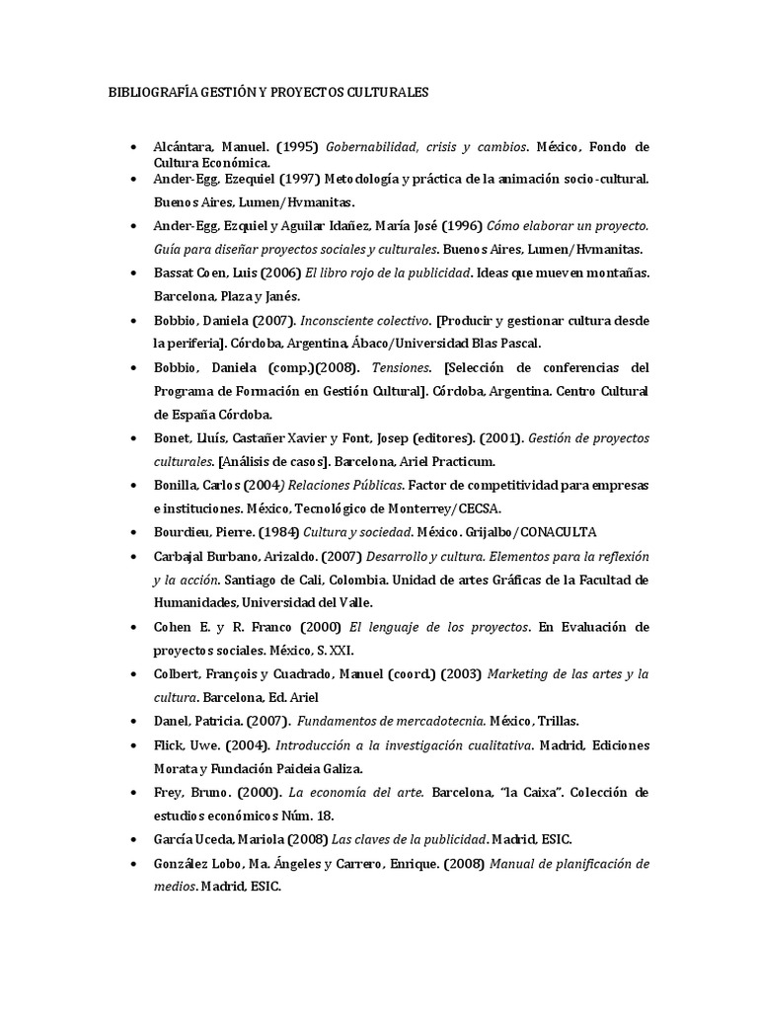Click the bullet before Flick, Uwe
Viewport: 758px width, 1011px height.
(133, 744)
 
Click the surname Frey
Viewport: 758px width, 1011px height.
(170, 793)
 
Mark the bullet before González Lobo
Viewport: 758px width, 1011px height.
(133, 864)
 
